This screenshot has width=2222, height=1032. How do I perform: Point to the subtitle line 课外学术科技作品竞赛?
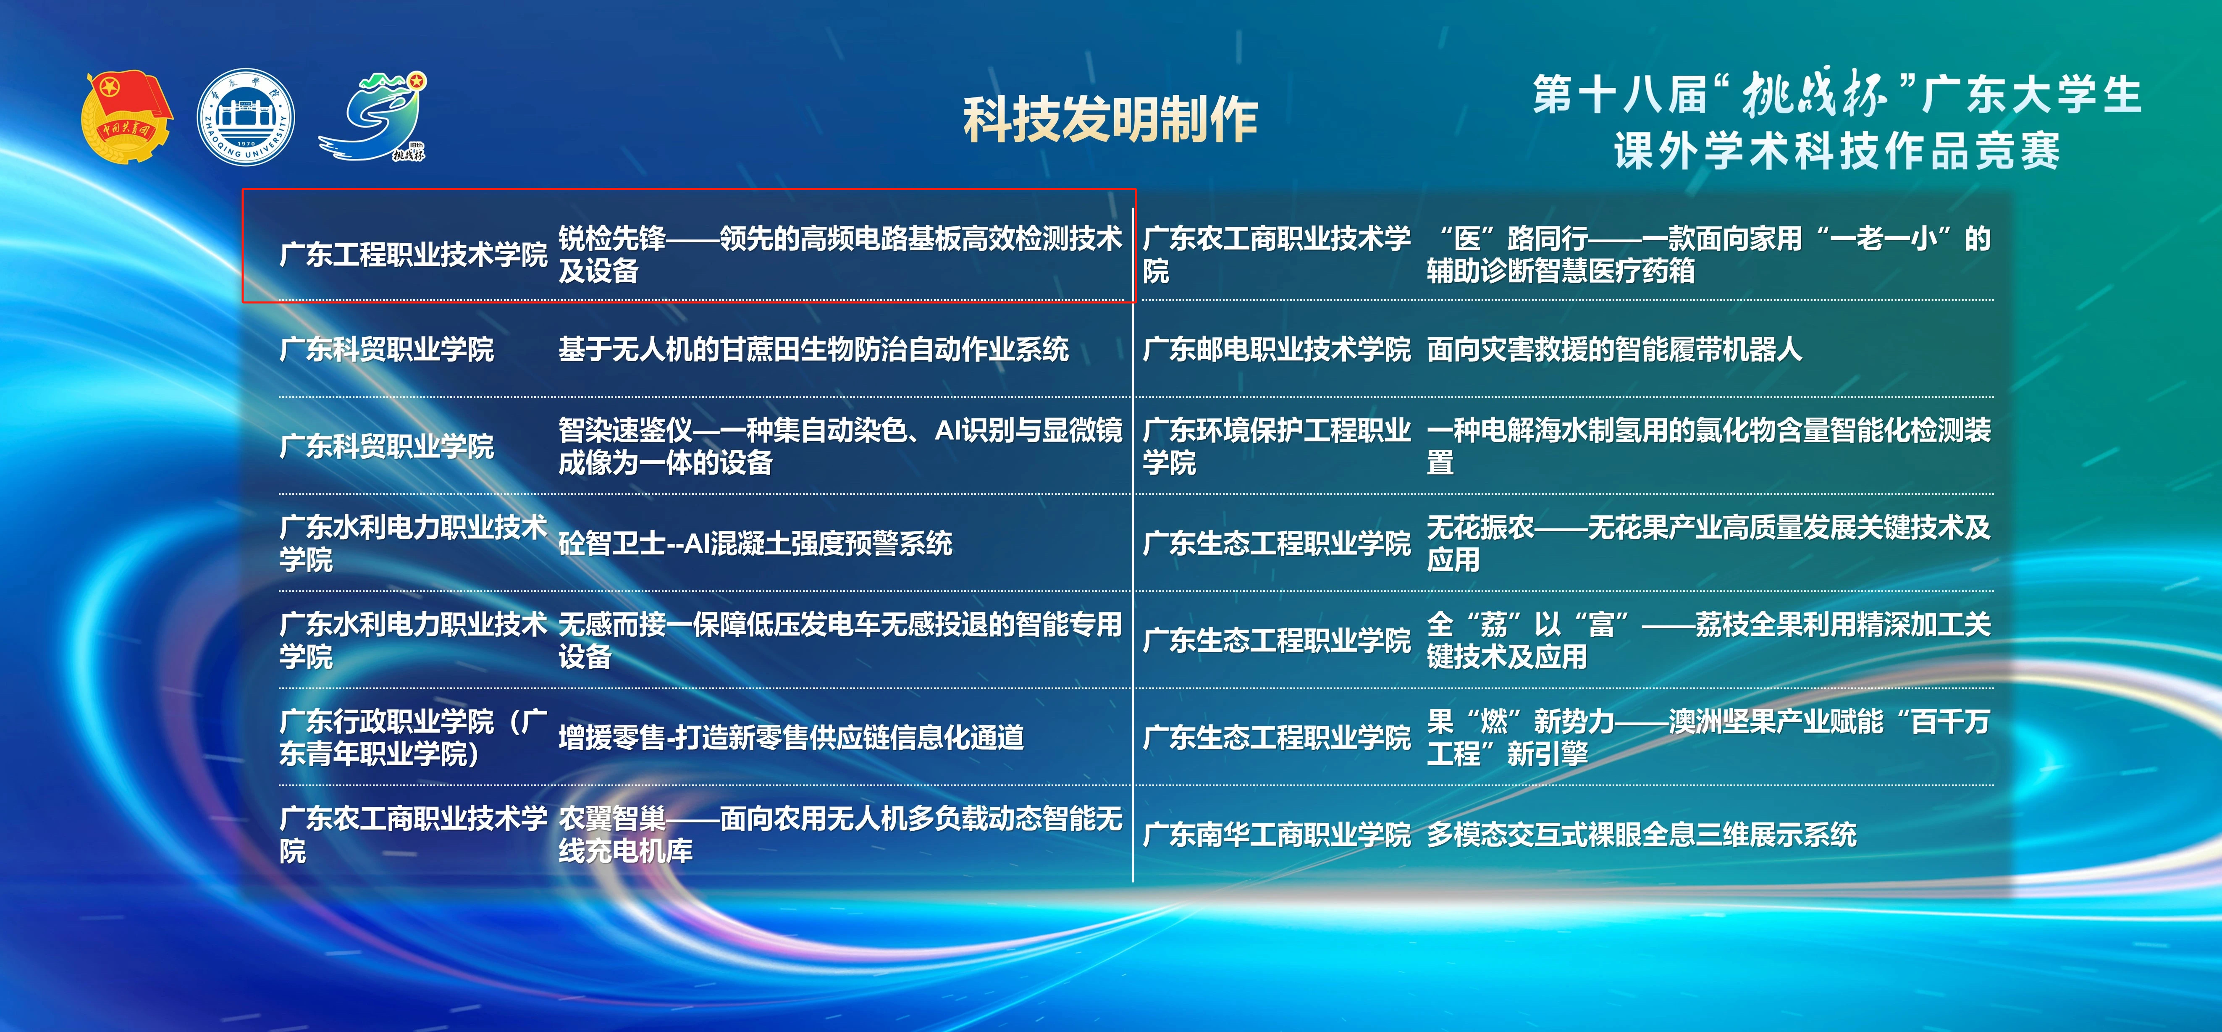[1837, 152]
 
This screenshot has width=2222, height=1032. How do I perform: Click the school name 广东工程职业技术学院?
[413, 255]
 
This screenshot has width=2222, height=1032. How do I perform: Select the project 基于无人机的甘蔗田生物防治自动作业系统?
[813, 349]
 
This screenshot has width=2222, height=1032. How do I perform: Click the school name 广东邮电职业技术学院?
[1277, 349]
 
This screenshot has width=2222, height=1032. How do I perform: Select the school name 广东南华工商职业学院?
[1277, 835]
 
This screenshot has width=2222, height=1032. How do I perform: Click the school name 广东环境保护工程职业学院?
[1277, 446]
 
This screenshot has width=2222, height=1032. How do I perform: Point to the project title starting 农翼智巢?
[840, 835]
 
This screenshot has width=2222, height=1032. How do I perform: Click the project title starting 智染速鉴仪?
[840, 446]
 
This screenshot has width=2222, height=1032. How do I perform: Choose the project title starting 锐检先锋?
[840, 255]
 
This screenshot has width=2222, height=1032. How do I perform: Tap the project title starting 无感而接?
[840, 640]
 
